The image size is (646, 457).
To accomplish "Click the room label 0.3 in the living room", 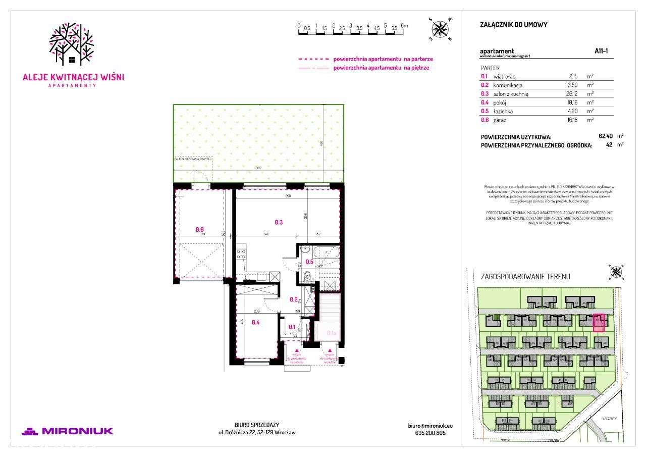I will (x=279, y=222).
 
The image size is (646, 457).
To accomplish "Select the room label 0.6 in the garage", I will (x=200, y=230).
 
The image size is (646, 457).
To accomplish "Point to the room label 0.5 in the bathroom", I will (x=309, y=262).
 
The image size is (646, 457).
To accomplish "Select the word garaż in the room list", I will (x=500, y=120).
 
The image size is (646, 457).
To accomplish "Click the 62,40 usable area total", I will (x=606, y=136).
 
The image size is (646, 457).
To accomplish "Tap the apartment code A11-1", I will (x=601, y=51).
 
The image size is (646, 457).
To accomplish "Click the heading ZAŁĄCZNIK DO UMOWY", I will (x=514, y=25).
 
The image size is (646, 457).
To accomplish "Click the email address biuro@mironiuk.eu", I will (x=426, y=426).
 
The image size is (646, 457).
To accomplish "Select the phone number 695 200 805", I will (x=426, y=433).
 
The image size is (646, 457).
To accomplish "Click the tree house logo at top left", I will (x=72, y=45).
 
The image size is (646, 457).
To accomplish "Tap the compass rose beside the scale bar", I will (x=441, y=29).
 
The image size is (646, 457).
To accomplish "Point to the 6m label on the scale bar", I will (x=404, y=25).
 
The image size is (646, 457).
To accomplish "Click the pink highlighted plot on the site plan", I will (x=599, y=323).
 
